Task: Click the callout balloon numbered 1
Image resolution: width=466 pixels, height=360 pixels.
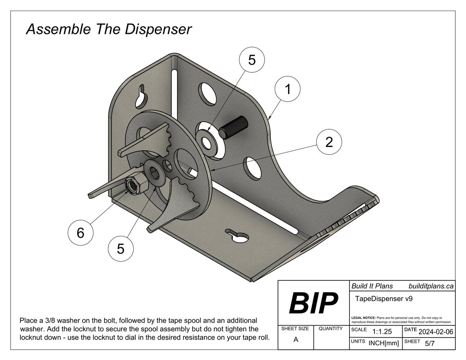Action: tap(287, 89)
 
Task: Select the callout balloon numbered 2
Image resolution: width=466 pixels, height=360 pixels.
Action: tap(329, 142)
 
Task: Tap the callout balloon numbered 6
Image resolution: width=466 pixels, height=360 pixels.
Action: tap(81, 233)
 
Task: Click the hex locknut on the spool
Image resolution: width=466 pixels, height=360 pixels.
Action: tap(134, 185)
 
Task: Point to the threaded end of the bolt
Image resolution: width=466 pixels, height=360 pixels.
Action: tap(234, 127)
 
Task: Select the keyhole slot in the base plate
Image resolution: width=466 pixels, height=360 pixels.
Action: tap(238, 237)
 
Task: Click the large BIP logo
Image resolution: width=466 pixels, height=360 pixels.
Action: tap(313, 303)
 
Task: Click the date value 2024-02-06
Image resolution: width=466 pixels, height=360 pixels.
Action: tap(435, 332)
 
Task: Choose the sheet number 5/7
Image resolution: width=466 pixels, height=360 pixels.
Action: tap(430, 344)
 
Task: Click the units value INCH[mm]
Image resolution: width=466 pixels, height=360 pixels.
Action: tap(383, 344)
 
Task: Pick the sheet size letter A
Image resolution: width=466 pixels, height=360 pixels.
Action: tap(296, 340)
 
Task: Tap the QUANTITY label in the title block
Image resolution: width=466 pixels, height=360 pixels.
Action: tap(330, 329)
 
